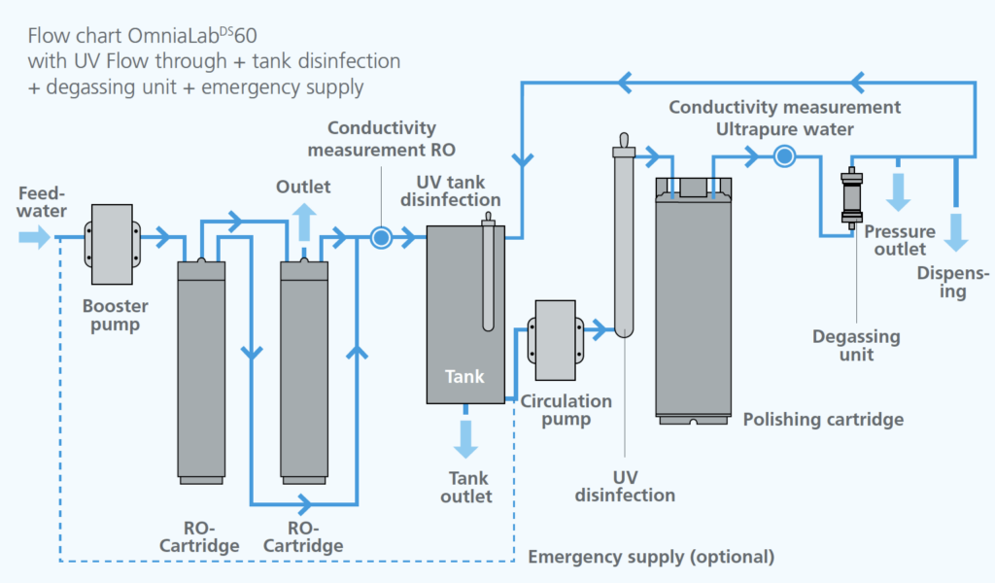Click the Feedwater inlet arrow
(34, 237)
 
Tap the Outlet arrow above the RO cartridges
(304, 223)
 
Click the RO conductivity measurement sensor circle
(381, 237)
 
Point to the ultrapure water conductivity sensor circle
(783, 154)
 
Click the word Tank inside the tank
(464, 377)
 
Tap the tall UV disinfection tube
(623, 243)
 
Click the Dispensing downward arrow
(957, 230)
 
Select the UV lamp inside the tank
(488, 277)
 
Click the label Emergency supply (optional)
(651, 557)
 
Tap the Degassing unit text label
(856, 345)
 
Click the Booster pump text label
(115, 315)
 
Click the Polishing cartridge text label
(823, 420)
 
